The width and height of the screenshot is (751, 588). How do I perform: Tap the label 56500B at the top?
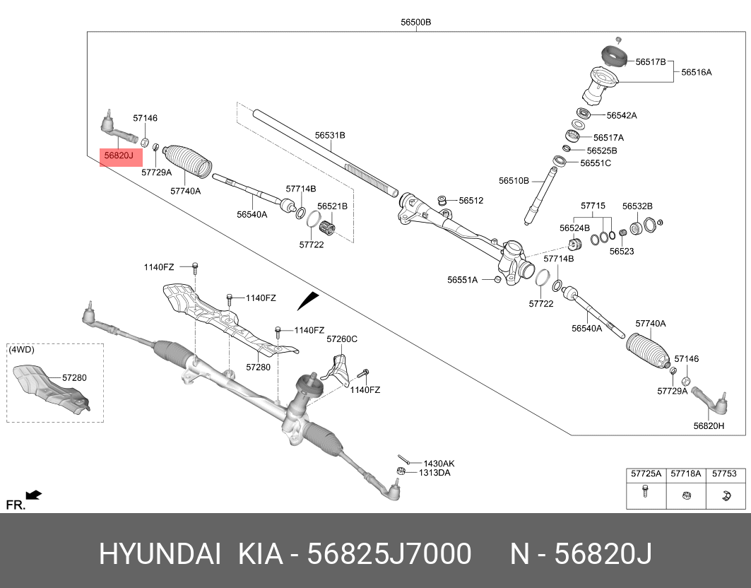415,22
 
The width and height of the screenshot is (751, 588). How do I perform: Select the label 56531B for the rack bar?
330,134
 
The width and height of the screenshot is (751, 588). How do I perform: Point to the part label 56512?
471,201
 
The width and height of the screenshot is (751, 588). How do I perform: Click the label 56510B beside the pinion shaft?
514,181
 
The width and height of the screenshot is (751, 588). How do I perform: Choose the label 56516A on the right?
696,72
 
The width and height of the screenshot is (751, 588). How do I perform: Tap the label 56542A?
622,115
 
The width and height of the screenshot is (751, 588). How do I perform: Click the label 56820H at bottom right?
709,425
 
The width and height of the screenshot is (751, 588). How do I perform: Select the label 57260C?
342,339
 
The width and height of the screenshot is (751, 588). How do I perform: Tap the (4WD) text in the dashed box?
21,349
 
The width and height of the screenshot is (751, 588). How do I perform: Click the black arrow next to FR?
33,495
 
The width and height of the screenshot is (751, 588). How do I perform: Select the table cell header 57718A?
685,474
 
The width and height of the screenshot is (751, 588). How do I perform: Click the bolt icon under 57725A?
645,493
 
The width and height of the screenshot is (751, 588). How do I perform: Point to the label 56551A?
463,280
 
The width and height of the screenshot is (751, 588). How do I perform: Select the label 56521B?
332,206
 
